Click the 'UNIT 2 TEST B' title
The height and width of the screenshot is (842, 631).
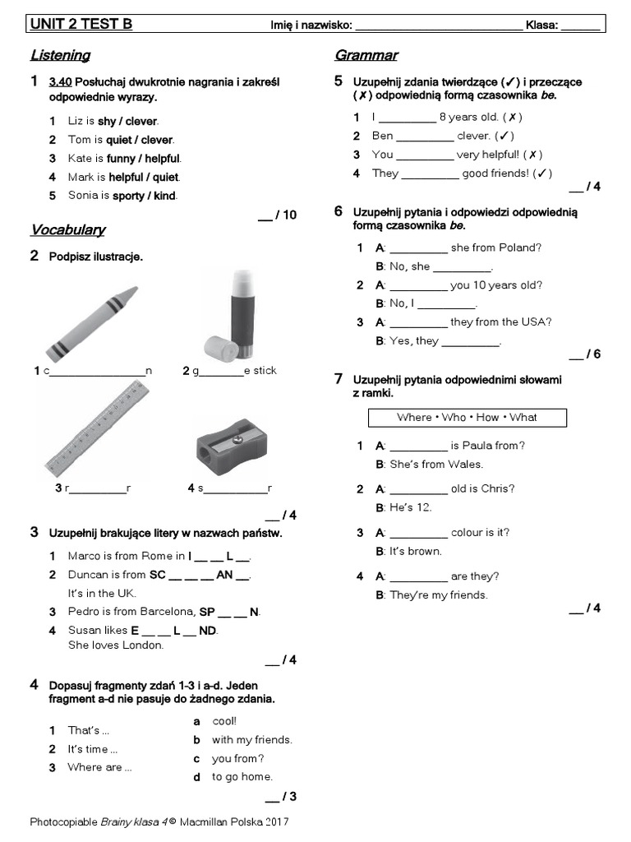[81, 25]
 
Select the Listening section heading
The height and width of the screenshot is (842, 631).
[60, 56]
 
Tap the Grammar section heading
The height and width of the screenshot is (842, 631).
[366, 56]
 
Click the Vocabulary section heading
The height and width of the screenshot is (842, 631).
[67, 229]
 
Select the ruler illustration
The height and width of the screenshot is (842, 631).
[97, 430]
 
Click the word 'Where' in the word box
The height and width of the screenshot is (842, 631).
[414, 418]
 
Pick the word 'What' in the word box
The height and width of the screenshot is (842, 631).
[523, 418]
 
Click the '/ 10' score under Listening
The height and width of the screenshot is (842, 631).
[278, 215]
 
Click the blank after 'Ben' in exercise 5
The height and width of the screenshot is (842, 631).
[425, 136]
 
